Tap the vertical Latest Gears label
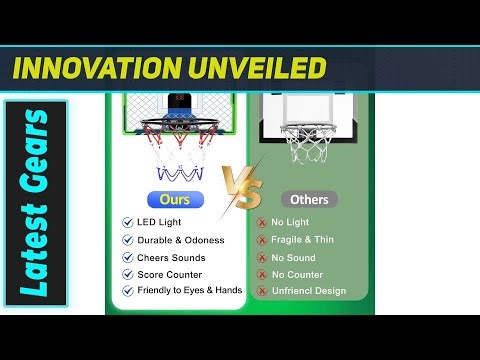click(36, 201)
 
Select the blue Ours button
click(175, 199)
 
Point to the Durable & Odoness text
click(180, 240)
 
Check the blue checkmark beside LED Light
click(127, 223)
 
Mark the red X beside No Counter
click(262, 274)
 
